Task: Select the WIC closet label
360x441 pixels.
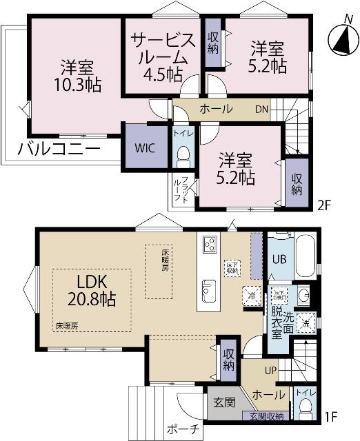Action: (145, 147)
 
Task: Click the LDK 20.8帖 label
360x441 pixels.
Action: (90, 291)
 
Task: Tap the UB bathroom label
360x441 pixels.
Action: (279, 260)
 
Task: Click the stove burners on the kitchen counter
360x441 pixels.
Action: (209, 244)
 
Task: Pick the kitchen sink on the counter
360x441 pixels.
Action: (208, 287)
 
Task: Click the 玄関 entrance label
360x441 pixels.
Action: (223, 402)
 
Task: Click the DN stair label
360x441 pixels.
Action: (263, 110)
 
